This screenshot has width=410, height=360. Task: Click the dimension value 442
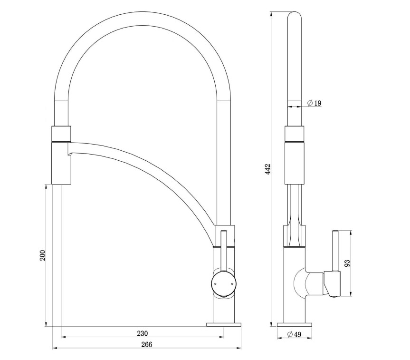(268, 170)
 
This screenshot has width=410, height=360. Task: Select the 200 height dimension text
(42, 255)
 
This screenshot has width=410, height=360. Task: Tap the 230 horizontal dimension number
(143, 333)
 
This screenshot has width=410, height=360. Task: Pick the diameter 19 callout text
(315, 103)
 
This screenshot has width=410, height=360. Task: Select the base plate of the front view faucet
(223, 324)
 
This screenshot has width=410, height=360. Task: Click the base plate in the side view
(295, 324)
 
